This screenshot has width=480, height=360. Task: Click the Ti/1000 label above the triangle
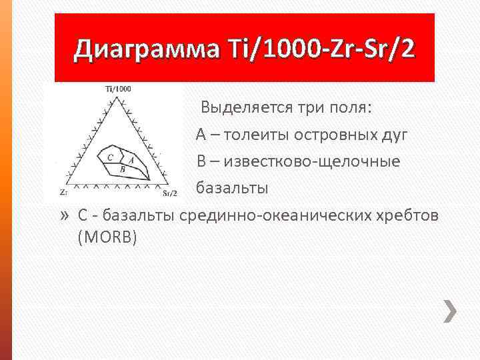pos(118,89)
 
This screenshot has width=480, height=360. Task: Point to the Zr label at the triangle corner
pos(63,192)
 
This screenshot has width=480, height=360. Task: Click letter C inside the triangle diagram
pos(110,157)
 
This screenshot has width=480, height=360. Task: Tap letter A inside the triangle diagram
pos(131,160)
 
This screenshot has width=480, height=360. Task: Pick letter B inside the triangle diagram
pos(123,169)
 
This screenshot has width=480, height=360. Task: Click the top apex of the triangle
pos(118,97)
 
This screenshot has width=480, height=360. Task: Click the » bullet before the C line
pos(64,215)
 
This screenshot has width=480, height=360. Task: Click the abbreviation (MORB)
pos(107,237)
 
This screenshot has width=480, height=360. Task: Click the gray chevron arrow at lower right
pos(451,311)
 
